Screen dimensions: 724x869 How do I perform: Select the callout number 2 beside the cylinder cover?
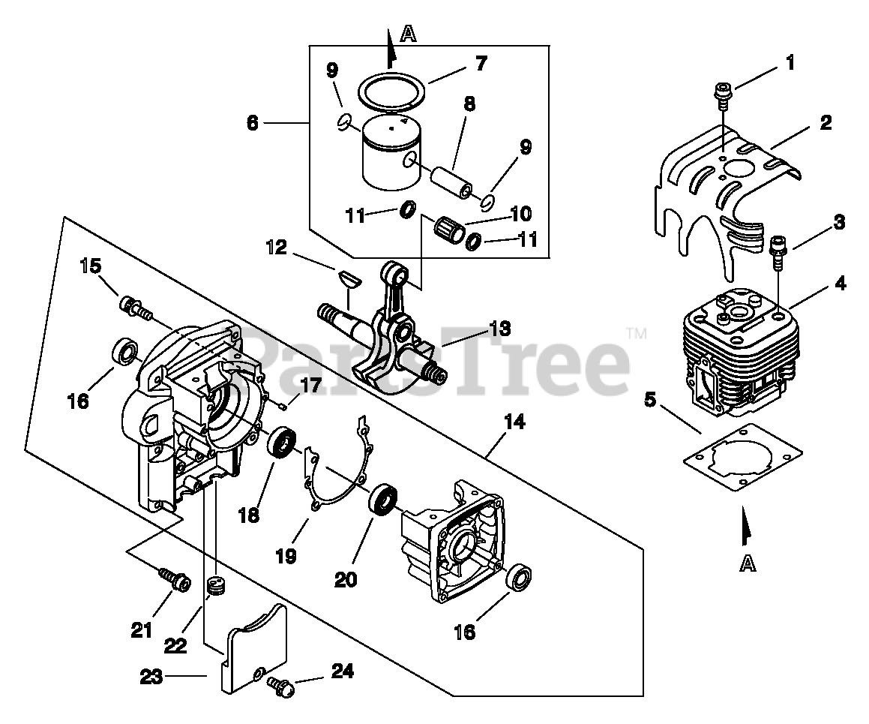[825, 122]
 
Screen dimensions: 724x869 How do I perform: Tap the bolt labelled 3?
[778, 251]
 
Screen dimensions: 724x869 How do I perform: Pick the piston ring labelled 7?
[390, 92]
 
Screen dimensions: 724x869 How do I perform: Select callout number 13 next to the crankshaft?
[499, 328]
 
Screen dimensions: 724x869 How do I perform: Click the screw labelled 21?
[172, 579]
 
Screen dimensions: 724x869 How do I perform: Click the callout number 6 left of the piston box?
[253, 122]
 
